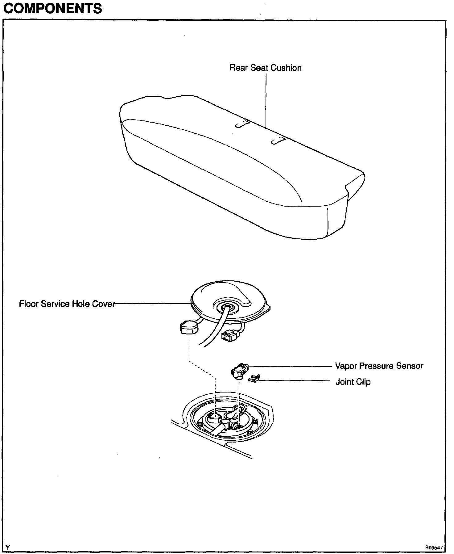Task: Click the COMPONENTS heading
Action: pos(52,8)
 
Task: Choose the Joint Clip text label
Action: pos(353,382)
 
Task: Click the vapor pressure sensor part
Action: pos(240,370)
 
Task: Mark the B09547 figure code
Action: pos(434,548)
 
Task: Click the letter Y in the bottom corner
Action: pos(8,548)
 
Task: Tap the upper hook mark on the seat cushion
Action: pos(243,124)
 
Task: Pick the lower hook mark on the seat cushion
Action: pos(278,141)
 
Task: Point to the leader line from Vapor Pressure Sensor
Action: pos(290,366)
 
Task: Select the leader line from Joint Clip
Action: pos(293,381)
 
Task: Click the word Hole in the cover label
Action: pos(79,304)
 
